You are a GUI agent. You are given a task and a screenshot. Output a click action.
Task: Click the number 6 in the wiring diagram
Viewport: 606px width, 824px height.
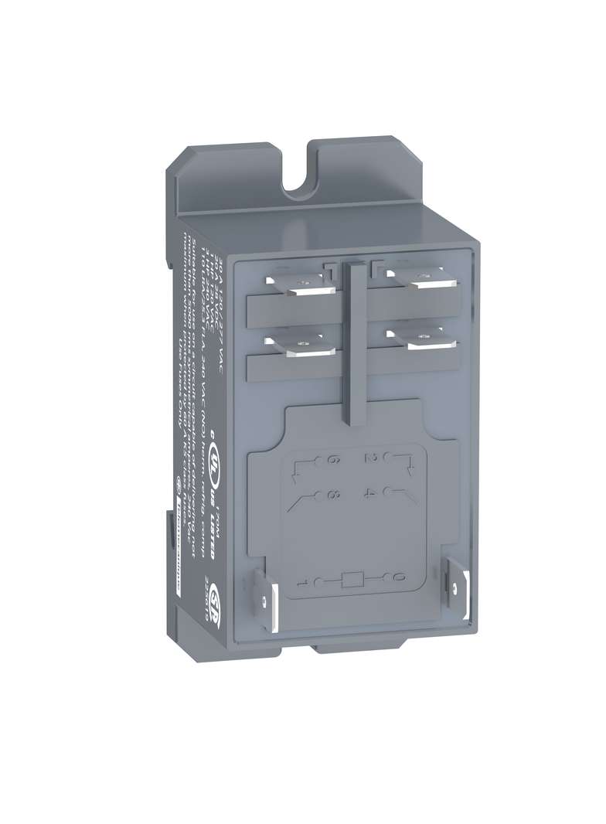coord(335,461)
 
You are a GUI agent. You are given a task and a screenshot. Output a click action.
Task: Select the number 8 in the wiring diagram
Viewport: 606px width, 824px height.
coord(335,495)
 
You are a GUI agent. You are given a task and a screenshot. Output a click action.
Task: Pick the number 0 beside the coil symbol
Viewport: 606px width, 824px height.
coord(398,577)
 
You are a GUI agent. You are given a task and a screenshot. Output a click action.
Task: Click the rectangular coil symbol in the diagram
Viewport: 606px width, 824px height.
coord(352,578)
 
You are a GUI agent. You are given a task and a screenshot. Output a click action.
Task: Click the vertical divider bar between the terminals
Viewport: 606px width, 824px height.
coord(354,340)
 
